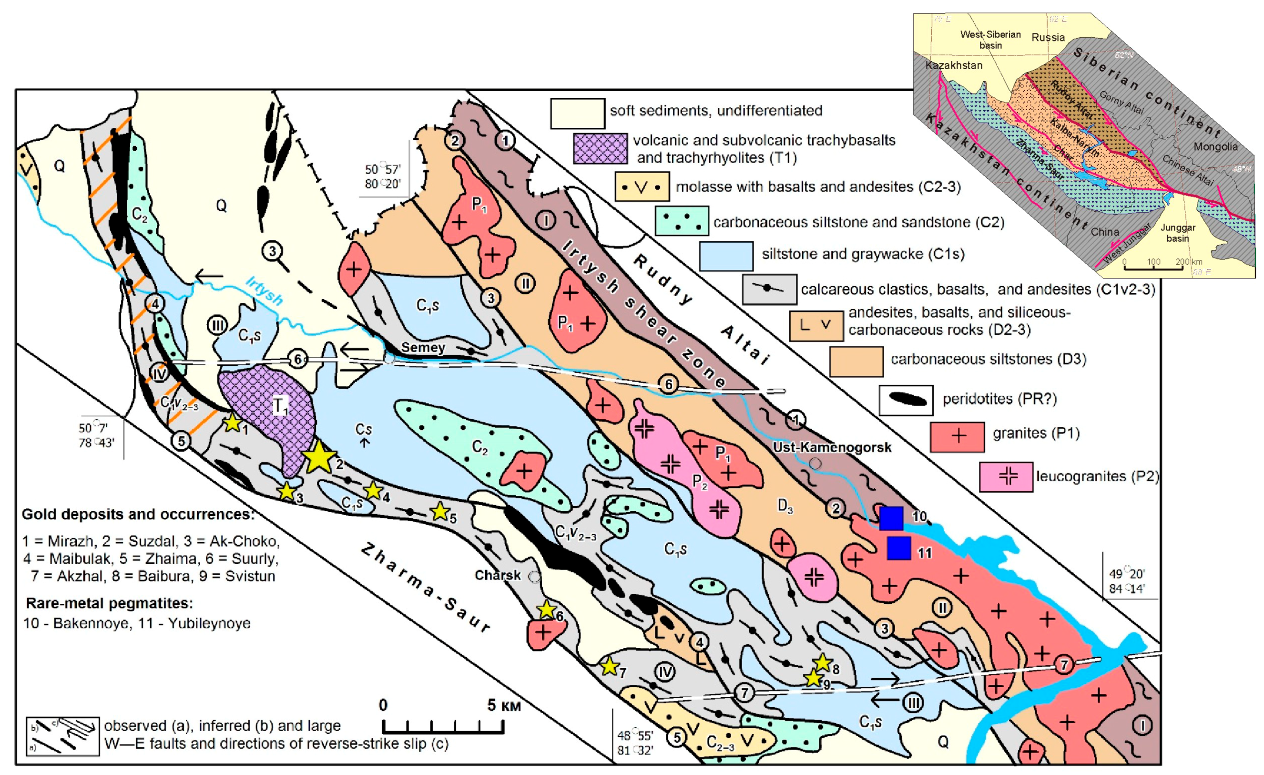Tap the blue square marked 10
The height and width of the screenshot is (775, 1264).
(892, 518)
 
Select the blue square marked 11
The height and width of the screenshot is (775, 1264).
(899, 548)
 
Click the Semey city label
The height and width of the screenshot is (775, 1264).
(423, 348)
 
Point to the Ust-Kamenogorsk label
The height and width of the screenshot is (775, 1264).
(832, 447)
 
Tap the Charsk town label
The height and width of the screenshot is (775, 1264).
(498, 575)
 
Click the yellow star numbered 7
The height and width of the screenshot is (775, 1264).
(610, 667)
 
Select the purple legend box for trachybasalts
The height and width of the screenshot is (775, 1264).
(600, 148)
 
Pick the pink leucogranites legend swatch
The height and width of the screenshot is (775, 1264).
(1006, 477)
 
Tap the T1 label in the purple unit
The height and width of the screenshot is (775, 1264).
(281, 405)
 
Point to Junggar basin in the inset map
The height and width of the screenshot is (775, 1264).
(1178, 233)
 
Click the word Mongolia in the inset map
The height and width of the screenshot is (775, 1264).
(1215, 147)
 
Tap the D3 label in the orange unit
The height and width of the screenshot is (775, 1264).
(785, 506)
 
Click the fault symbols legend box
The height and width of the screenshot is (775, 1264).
(62, 736)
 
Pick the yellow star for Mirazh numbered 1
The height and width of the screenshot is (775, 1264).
(233, 423)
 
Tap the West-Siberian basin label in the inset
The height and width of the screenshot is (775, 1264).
(990, 40)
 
